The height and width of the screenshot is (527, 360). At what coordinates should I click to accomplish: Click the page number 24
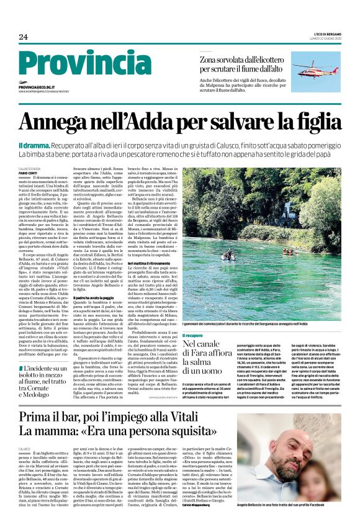tap(23, 37)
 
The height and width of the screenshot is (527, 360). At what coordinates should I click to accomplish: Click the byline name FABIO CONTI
tap(28, 172)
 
